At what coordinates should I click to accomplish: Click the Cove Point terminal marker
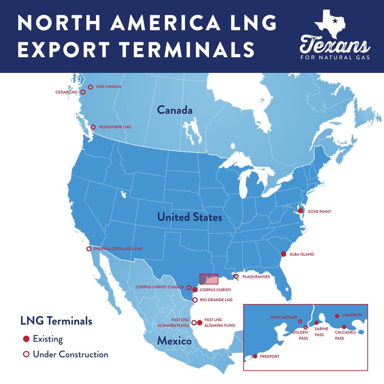tap(300, 211)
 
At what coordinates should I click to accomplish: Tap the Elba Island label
tap(302, 255)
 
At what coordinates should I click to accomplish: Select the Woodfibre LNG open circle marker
tap(93, 127)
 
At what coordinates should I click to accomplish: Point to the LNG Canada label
tap(109, 87)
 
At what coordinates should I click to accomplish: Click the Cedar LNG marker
tap(83, 92)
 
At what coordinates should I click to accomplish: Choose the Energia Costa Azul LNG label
tap(118, 249)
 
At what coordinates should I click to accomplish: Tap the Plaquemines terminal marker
tap(236, 276)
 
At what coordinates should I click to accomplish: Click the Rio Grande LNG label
tap(216, 300)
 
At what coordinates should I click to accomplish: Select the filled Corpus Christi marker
tap(195, 290)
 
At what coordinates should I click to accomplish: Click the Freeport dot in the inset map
tap(255, 356)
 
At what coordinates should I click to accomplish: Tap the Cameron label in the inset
tap(352, 315)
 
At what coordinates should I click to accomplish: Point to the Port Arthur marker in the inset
tap(300, 321)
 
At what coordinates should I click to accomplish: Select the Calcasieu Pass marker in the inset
tap(344, 327)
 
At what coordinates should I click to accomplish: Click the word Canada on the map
tap(175, 110)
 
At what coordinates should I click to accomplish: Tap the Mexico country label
tap(174, 341)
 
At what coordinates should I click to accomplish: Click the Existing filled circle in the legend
tap(26, 339)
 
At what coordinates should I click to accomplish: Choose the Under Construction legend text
tap(70, 354)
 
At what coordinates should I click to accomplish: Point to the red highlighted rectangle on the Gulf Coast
tap(209, 279)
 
